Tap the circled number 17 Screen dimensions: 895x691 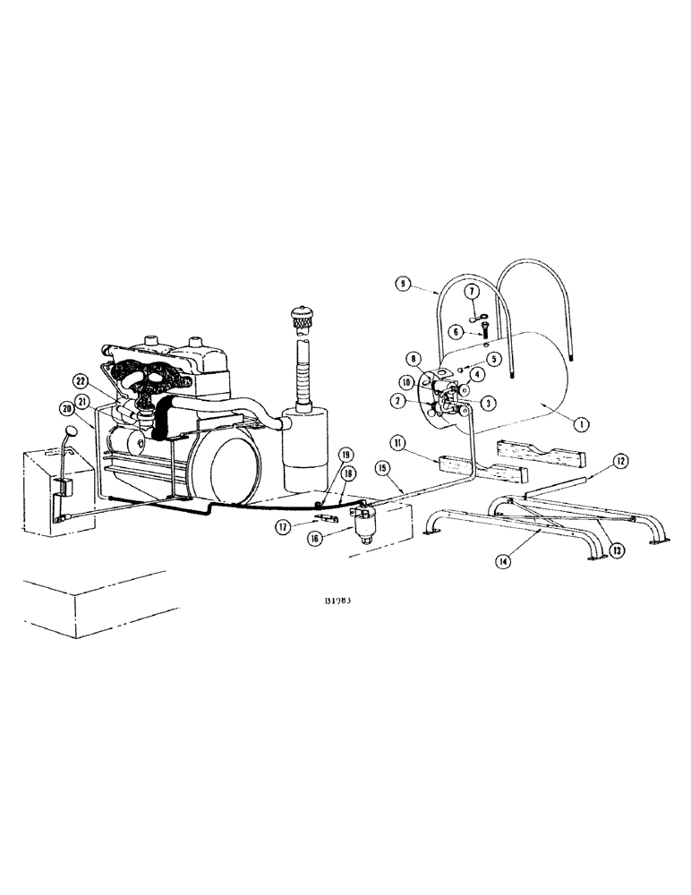286,527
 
